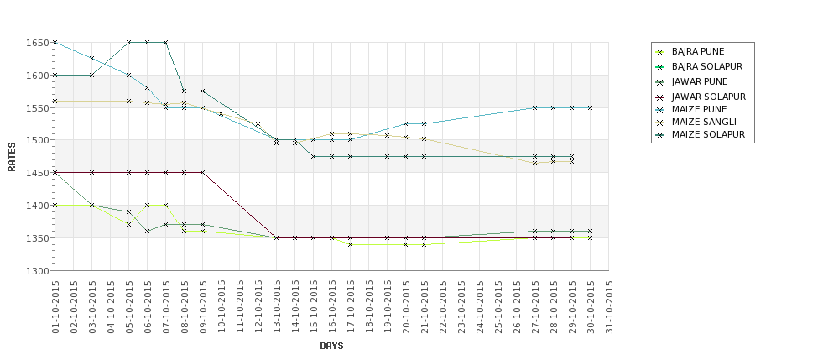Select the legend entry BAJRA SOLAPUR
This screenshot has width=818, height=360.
click(x=706, y=66)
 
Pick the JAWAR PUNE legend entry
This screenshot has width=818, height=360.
click(x=699, y=81)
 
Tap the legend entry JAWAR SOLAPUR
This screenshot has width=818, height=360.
click(x=708, y=97)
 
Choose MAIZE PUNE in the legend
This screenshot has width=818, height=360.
click(x=699, y=109)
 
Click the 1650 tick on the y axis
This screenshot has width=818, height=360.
click(x=37, y=43)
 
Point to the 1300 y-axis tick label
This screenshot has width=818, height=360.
click(x=37, y=271)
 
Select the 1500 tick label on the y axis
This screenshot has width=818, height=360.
click(x=37, y=141)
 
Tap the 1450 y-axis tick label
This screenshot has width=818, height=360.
click(x=37, y=173)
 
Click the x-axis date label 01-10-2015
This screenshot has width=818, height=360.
click(x=55, y=307)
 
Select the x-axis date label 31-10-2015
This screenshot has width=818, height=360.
click(x=609, y=307)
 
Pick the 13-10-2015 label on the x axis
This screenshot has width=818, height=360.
click(x=277, y=307)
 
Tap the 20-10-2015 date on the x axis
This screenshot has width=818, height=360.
click(x=406, y=307)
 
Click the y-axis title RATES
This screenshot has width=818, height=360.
click(x=12, y=157)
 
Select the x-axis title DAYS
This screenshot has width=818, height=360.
click(x=331, y=346)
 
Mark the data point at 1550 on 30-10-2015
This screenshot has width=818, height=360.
click(x=590, y=107)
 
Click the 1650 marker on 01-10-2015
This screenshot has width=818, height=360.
click(x=55, y=42)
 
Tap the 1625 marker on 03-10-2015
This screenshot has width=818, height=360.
click(x=91, y=59)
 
